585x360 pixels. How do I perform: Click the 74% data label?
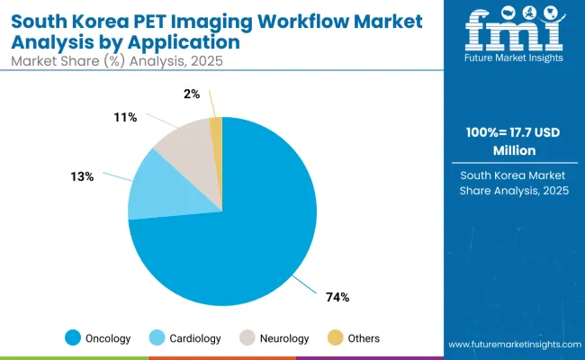pos(337,296)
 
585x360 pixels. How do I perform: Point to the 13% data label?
pos(84,176)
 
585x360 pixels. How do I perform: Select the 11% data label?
pos(125,117)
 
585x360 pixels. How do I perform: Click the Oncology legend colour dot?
pos(73,338)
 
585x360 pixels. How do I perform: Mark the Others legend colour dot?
pos(334,338)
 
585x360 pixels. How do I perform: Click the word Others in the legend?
pos(363,338)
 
